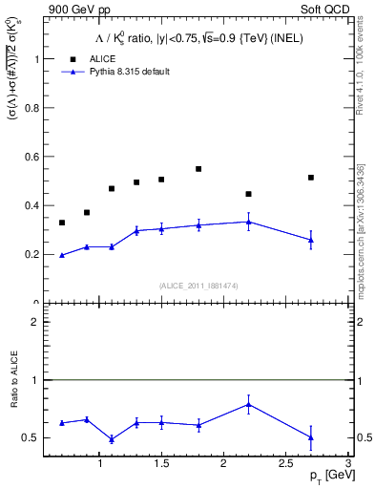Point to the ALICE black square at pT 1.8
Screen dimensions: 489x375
click(x=198, y=169)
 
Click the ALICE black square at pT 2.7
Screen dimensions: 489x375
click(x=311, y=178)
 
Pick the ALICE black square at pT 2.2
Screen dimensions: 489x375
click(x=248, y=194)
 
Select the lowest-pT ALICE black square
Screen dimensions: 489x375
click(x=62, y=223)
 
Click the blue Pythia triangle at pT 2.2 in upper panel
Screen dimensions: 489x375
click(x=248, y=222)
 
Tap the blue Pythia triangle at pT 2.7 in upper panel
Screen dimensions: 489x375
click(x=311, y=241)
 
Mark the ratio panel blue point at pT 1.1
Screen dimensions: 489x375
click(x=112, y=439)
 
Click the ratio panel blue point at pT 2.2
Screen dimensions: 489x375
click(x=248, y=404)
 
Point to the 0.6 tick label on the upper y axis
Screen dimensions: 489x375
click(x=33, y=157)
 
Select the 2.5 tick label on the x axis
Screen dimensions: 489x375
click(x=285, y=462)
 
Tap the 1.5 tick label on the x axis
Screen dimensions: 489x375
click(x=161, y=462)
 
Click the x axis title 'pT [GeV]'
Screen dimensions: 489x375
click(x=324, y=474)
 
